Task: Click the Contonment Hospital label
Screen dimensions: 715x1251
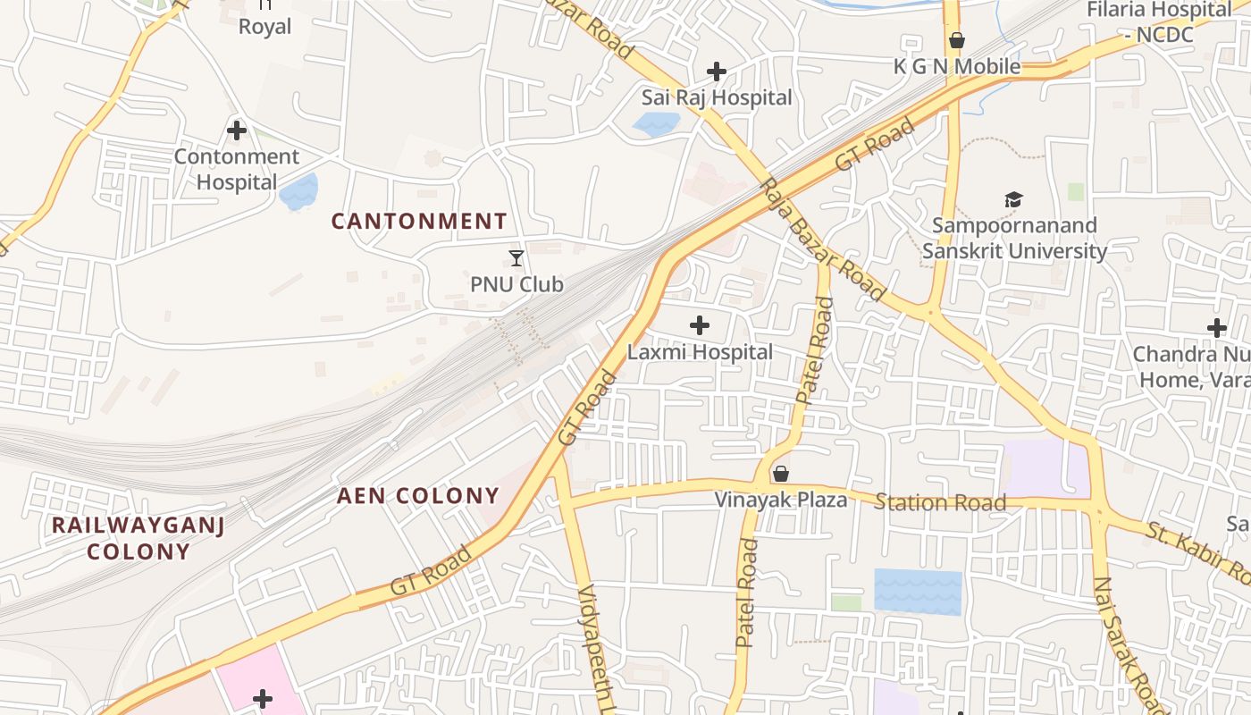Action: [x=237, y=169]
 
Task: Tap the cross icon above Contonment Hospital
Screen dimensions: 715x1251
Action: [x=237, y=130]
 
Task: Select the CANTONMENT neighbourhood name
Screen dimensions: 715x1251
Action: [x=419, y=221]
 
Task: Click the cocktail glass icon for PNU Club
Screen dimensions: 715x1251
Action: [x=516, y=258]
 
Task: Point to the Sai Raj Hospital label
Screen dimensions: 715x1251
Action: [x=717, y=97]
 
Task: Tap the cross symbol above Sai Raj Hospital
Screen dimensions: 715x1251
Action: [x=716, y=71]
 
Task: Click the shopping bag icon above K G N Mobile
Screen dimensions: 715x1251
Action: [x=957, y=40]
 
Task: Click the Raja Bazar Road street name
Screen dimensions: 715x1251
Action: [x=822, y=240]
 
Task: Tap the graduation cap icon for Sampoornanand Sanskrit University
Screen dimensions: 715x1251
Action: [x=1013, y=199]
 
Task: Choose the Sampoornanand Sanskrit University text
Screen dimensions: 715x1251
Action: [x=1014, y=238]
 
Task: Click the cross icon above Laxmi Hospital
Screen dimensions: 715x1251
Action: [x=700, y=325]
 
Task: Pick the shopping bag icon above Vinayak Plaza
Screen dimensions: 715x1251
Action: [x=781, y=474]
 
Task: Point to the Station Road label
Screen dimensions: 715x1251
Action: [x=940, y=502]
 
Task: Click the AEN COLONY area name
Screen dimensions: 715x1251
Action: [x=417, y=496]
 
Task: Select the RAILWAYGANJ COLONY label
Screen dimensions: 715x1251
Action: [x=139, y=537]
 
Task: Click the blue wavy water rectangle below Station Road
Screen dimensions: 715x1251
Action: [x=918, y=592]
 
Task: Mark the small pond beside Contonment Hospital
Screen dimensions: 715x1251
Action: [x=298, y=192]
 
